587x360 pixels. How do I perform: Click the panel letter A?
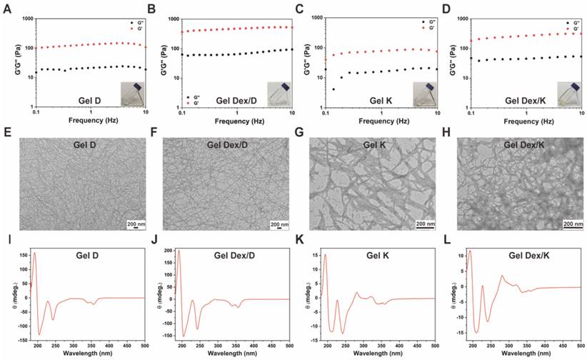click(x=6, y=8)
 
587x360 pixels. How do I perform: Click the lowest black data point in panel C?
click(x=333, y=89)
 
